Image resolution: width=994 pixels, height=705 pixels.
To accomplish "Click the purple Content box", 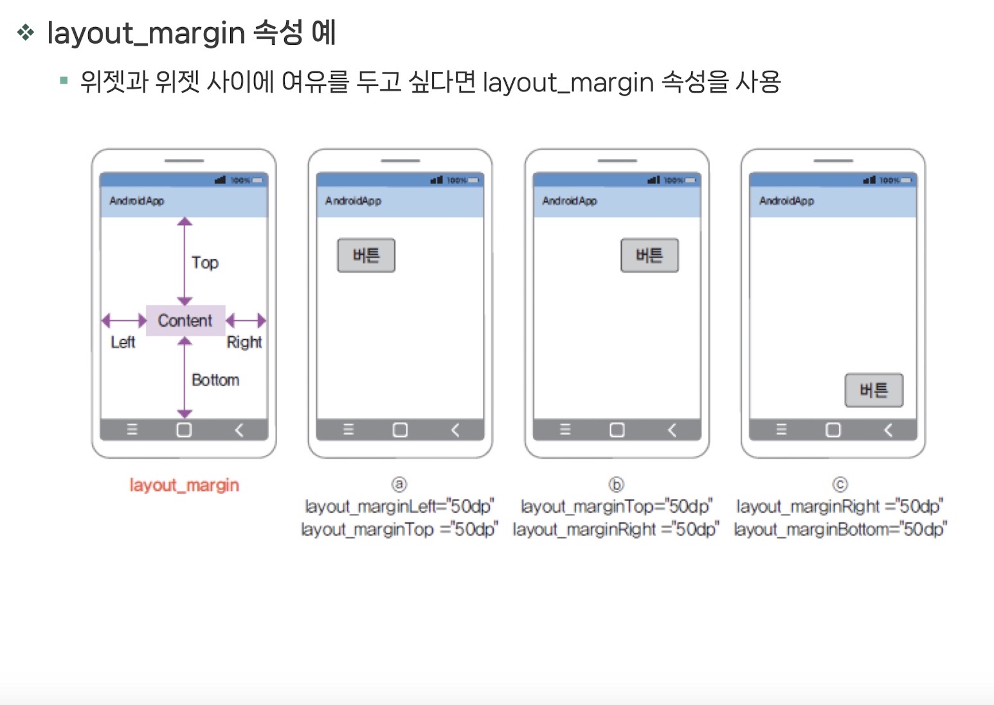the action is click(x=185, y=320).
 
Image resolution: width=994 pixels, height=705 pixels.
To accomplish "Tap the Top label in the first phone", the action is click(x=205, y=263).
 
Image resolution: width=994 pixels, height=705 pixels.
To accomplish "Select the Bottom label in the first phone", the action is click(x=215, y=380).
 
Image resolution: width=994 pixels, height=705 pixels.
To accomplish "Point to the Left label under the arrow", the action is click(x=123, y=342).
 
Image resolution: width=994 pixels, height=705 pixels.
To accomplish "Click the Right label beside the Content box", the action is click(x=244, y=342).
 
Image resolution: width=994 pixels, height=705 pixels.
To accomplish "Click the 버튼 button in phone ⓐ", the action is click(x=366, y=256).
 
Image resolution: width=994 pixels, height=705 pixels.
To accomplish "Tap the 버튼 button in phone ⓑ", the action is click(x=649, y=256).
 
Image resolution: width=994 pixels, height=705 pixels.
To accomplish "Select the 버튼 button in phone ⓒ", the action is click(x=874, y=390).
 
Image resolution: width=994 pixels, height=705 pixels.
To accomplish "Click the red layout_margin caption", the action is click(x=185, y=485).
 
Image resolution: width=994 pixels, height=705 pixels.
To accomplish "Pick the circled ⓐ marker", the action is click(x=399, y=484).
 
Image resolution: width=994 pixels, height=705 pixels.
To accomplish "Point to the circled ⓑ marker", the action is click(x=616, y=484).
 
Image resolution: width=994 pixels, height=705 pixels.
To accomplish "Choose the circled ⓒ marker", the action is click(x=840, y=484).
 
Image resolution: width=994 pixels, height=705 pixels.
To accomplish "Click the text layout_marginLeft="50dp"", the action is click(x=399, y=507).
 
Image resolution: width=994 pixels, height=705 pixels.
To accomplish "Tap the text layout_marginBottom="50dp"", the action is click(x=840, y=529).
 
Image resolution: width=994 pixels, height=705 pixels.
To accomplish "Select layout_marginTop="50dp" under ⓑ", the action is click(x=616, y=507).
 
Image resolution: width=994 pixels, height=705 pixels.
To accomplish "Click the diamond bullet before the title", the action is click(x=26, y=32).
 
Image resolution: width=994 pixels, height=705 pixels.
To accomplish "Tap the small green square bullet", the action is click(x=64, y=81).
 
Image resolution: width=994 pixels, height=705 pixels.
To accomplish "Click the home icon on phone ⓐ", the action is click(x=400, y=430).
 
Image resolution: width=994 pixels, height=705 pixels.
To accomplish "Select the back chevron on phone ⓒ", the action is click(x=888, y=430).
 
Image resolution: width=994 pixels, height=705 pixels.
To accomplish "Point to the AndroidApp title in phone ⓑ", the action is click(x=570, y=201).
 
